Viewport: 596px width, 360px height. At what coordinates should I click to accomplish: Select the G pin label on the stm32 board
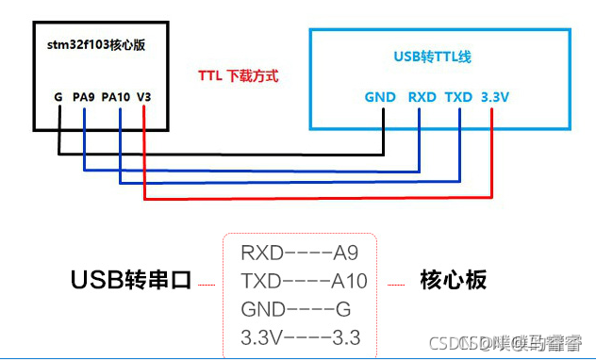click(58, 96)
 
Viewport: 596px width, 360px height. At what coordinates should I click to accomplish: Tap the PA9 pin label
click(84, 96)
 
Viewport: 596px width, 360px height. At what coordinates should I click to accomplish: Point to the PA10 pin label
click(115, 96)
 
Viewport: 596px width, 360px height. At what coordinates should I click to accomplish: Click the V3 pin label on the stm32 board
click(143, 96)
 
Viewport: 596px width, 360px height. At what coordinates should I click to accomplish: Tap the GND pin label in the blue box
click(381, 96)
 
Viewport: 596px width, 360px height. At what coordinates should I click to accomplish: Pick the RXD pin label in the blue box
click(422, 96)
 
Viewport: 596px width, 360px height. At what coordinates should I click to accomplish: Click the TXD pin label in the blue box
click(458, 96)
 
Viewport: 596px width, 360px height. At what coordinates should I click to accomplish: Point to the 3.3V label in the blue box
click(495, 96)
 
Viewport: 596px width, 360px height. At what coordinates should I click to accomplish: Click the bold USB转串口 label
click(131, 281)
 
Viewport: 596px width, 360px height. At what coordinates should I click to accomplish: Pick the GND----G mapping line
click(295, 309)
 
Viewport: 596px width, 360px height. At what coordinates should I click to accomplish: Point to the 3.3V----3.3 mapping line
click(301, 337)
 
